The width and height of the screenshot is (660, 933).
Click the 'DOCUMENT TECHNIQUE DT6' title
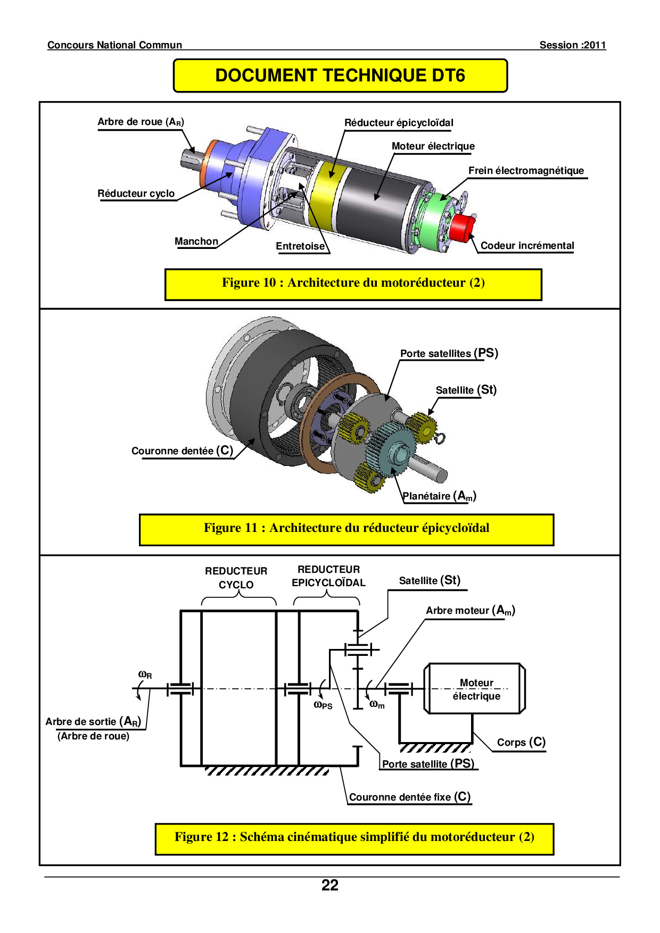click(x=340, y=76)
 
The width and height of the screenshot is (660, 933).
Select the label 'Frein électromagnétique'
click(x=526, y=171)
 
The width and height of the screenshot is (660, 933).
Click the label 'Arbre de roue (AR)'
click(x=141, y=122)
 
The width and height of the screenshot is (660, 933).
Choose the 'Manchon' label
click(x=196, y=241)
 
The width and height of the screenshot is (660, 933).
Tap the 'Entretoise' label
click(x=300, y=246)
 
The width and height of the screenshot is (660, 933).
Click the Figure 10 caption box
click(x=353, y=284)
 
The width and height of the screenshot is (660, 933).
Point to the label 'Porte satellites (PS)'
click(x=449, y=353)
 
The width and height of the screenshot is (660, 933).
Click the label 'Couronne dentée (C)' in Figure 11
click(x=182, y=451)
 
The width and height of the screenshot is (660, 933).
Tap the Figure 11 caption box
click(x=346, y=529)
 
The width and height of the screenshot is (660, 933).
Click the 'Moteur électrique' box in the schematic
click(x=475, y=689)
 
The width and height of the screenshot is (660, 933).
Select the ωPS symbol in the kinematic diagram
click(x=323, y=705)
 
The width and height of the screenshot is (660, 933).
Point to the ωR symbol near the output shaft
click(x=145, y=675)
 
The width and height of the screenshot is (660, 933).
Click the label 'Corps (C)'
click(x=521, y=742)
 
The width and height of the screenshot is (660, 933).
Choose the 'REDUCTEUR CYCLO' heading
click(x=236, y=578)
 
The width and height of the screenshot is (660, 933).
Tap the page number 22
click(x=330, y=885)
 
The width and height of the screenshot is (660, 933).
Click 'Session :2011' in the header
click(x=572, y=45)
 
